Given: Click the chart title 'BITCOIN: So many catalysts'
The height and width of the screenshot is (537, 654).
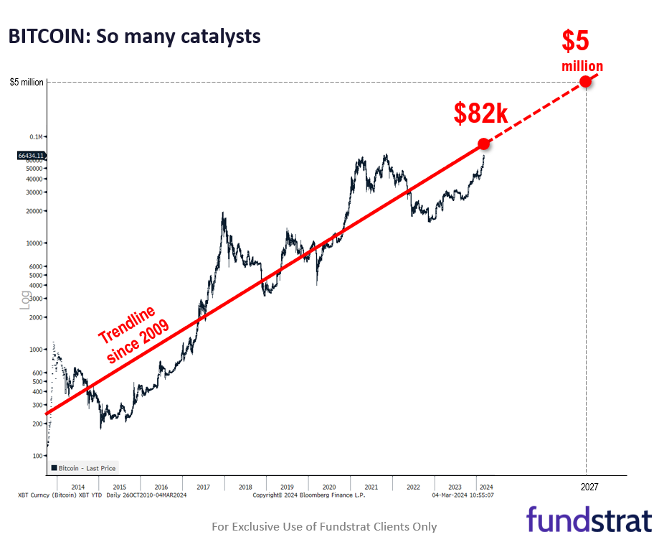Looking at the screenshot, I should coord(134,37).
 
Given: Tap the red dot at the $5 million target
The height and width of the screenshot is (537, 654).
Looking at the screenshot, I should coord(586,81).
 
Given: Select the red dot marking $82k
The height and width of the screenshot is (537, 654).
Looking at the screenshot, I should coord(483,144).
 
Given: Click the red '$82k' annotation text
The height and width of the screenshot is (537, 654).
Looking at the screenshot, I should coord(480,113).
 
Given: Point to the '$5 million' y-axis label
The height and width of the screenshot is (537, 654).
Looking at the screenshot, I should coord(27,82).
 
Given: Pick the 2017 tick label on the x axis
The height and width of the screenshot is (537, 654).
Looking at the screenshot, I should coord(204,486).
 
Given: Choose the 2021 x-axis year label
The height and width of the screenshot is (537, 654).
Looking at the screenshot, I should coord(371,486).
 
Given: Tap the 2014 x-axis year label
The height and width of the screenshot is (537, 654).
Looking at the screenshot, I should coord(78,486).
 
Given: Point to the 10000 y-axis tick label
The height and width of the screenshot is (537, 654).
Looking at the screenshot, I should coord(35,243).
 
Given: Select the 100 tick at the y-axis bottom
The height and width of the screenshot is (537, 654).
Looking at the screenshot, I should coord(38,455).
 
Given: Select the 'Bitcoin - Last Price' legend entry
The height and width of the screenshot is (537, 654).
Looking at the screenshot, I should coord(82,468).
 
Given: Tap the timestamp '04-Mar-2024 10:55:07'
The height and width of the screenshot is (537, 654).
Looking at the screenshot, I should coord(463,495).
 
